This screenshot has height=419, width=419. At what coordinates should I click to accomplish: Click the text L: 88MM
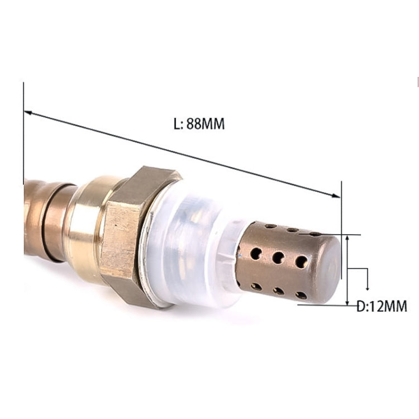[x=199, y=125]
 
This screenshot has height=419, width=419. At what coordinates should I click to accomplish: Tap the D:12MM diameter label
[x=382, y=306]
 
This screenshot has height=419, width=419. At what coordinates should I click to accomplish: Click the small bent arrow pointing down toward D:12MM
[x=367, y=286]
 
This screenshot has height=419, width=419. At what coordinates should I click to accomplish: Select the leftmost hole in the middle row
[x=256, y=254]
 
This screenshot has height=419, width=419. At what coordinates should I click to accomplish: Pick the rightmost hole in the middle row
[x=301, y=261]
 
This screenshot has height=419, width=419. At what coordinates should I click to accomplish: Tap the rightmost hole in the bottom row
[x=301, y=294]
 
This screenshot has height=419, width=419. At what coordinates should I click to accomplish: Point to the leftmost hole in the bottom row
[x=256, y=286]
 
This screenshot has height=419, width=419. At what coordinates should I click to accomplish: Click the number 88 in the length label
[x=193, y=125]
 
